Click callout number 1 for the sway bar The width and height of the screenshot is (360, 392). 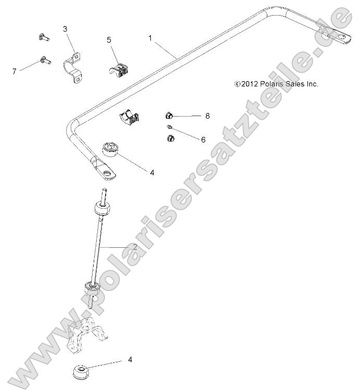150,37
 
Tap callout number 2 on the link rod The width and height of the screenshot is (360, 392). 135,247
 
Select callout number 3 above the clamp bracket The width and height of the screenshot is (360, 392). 65,29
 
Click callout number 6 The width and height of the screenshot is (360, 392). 203,140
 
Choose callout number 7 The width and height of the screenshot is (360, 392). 14,71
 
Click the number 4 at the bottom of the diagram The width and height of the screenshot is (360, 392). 130,360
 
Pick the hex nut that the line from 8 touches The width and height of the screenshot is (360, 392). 169,115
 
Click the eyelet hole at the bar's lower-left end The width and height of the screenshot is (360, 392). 108,173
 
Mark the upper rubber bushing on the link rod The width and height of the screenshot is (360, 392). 102,209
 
